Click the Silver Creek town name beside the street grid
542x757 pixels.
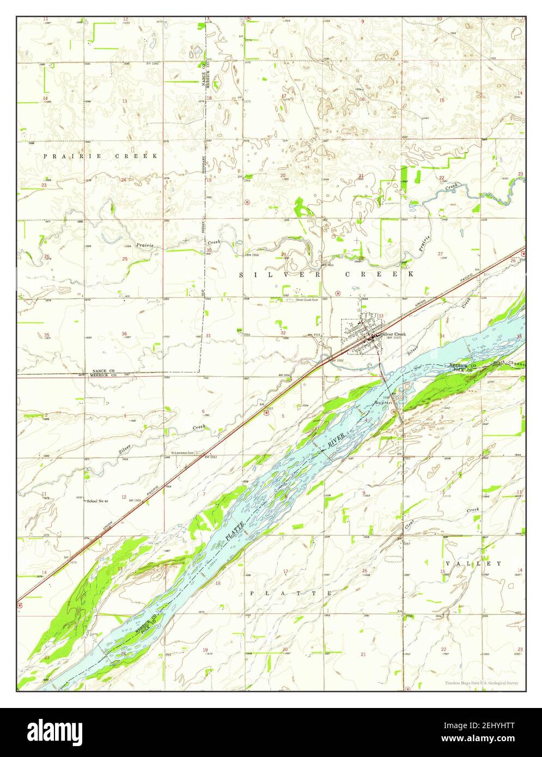pyautogui.click(x=394, y=334)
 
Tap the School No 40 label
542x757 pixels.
pyautogui.click(x=98, y=500)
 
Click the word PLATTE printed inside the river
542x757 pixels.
pyautogui.click(x=235, y=529)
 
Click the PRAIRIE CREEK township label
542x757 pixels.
pyautogui.click(x=101, y=156)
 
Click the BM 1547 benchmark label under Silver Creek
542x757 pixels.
pyautogui.click(x=394, y=339)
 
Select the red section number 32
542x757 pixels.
pyautogui.click(x=283, y=333)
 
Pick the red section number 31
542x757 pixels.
pyautogui.click(x=209, y=335)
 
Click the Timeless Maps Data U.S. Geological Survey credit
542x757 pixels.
pyautogui.click(x=481, y=683)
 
